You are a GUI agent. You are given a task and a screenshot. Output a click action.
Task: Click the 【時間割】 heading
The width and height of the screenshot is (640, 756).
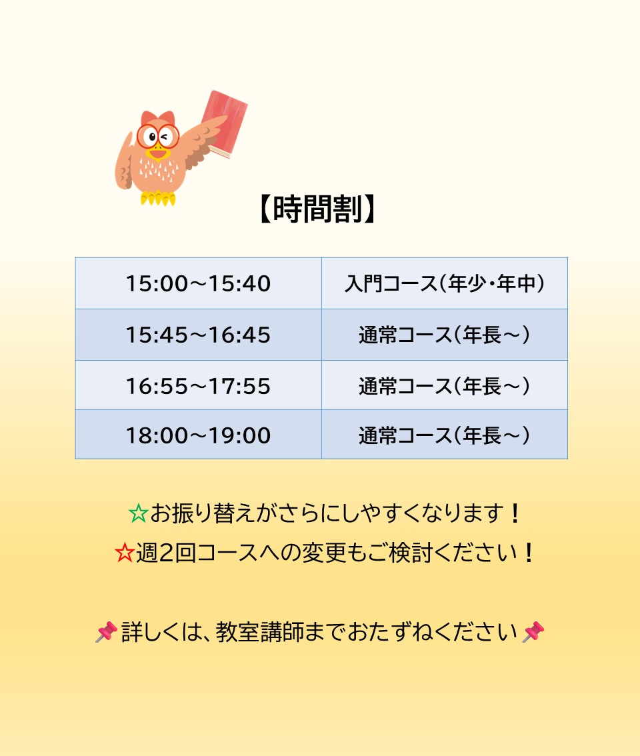(317, 209)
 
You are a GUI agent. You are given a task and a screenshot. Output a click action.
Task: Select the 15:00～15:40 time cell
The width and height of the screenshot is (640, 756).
(198, 283)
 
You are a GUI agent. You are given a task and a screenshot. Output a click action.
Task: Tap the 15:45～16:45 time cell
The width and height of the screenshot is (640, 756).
(198, 335)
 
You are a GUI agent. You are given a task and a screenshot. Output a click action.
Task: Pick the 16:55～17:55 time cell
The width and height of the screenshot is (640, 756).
(198, 385)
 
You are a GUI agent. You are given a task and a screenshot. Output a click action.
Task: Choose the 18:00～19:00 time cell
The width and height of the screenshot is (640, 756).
(198, 435)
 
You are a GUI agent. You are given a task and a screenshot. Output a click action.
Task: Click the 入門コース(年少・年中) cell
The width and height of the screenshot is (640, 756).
(444, 283)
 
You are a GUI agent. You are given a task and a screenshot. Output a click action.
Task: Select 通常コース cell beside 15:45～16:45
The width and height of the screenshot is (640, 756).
(444, 335)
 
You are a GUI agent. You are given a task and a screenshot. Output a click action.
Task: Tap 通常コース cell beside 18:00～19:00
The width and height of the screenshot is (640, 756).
(444, 435)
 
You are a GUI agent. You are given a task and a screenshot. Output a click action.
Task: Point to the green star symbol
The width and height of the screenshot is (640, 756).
(138, 513)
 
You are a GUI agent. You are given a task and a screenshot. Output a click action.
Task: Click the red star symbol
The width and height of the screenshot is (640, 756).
(125, 553)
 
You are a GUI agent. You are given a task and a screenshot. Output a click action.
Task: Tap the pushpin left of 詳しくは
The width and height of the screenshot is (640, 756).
(106, 632)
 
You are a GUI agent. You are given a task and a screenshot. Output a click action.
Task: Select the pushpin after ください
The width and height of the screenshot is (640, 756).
(533, 632)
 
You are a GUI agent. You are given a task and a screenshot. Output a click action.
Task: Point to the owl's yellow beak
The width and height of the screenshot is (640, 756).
(158, 153)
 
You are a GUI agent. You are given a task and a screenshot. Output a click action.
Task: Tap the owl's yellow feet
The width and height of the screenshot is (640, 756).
(158, 198)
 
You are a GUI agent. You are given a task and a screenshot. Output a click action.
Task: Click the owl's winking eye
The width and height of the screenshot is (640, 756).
(166, 137)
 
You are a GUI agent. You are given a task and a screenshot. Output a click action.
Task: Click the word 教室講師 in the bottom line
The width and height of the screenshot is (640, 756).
(260, 632)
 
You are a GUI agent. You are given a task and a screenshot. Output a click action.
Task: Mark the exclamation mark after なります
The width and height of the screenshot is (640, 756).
(515, 513)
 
